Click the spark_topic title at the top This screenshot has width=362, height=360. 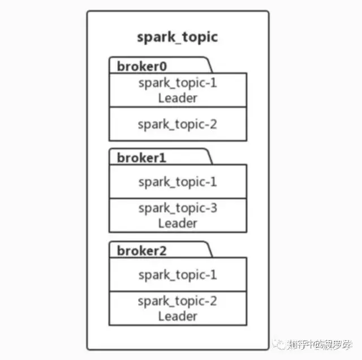(x=177, y=38)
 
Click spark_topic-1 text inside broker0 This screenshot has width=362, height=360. (x=177, y=83)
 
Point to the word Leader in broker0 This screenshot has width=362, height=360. (x=177, y=98)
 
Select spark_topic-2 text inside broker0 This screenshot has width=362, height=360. (x=177, y=124)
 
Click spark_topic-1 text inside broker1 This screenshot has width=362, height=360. (x=177, y=182)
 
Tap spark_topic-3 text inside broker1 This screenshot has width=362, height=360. (x=177, y=208)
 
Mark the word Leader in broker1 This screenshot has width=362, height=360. (x=177, y=223)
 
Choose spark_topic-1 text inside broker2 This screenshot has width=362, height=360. (x=177, y=275)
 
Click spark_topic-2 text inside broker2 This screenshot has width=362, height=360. (x=177, y=301)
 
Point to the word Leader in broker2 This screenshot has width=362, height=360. (x=177, y=316)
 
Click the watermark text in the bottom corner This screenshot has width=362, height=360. (x=320, y=344)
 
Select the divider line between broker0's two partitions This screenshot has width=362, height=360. (x=177, y=107)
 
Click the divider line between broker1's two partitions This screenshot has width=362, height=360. (x=177, y=199)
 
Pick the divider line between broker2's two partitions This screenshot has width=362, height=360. (x=177, y=292)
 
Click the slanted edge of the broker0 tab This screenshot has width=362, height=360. (x=210, y=65)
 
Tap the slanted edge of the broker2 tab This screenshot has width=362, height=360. (x=210, y=250)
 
